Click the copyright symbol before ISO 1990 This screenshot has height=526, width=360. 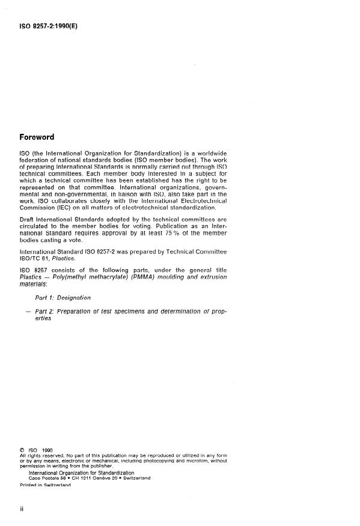click(22, 449)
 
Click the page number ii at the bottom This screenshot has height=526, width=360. click(22, 507)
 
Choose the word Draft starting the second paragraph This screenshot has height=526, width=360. click(31, 219)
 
